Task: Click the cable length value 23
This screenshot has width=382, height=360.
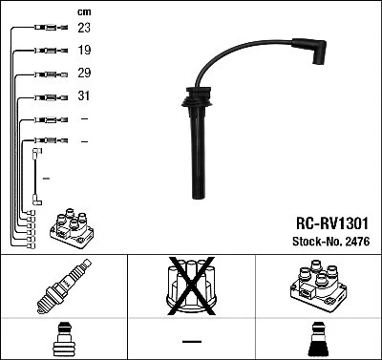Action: [85, 29]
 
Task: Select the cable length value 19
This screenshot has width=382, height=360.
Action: [85, 51]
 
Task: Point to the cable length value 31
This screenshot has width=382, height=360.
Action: [85, 96]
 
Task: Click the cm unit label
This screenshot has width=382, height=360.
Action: [84, 11]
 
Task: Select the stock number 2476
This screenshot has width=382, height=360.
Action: [355, 241]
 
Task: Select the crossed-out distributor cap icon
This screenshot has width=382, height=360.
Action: [190, 286]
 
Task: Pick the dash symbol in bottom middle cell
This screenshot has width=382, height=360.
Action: [191, 341]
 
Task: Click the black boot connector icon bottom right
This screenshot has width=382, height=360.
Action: [319, 340]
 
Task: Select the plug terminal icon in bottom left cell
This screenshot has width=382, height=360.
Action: [62, 341]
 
